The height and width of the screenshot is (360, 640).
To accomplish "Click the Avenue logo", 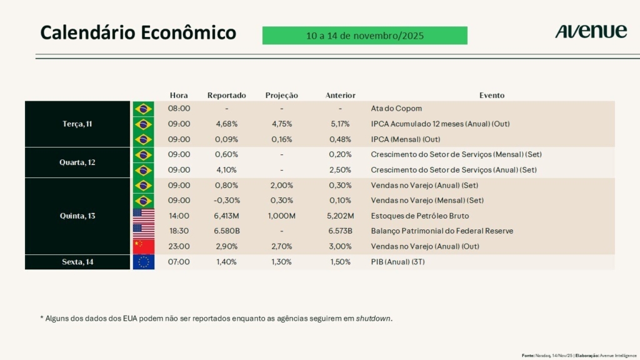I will pos(591,31).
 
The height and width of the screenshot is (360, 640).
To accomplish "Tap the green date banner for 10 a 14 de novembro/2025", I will pos(365,36).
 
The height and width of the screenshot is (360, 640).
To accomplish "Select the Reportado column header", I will pos(226,96).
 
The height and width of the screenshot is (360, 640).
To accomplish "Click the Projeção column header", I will pos(281,96).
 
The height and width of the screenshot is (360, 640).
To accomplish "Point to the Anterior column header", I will pos(340,96).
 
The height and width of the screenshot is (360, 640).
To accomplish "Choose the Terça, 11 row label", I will pos(77,124).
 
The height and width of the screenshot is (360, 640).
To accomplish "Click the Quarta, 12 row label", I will pos(77,162).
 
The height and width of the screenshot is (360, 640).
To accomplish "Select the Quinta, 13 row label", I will pos(77,216).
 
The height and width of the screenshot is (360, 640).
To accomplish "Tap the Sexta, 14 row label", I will pos(77,262).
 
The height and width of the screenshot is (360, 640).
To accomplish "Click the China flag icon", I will pos(143,246).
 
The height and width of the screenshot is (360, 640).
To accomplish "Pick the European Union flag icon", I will pos(143,262).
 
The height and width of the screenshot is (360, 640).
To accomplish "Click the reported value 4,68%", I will pos(226,124).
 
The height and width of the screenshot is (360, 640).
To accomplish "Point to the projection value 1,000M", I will pos(281,216).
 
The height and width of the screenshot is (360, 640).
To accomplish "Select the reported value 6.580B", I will pos(226,231).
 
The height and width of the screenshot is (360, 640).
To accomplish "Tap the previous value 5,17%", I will pos(340,124).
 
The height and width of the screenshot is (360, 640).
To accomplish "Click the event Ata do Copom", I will pos(396,109).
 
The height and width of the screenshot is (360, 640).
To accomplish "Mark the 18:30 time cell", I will pos(179,231).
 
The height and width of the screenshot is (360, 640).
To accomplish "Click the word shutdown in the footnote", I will pos(374,318).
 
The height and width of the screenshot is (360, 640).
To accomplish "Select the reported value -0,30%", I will pos(226,201).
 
